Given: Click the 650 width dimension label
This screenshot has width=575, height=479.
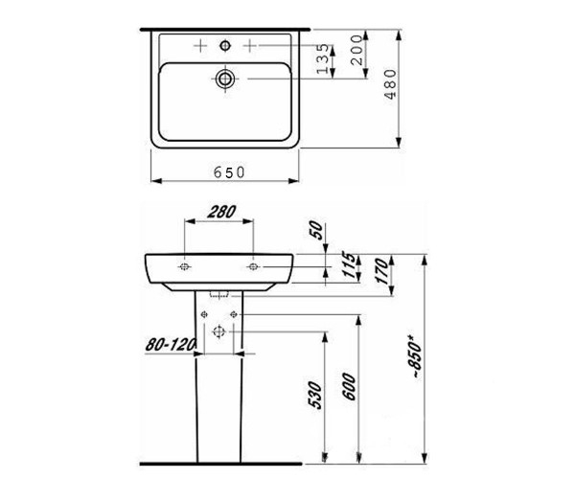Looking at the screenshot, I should (230, 171).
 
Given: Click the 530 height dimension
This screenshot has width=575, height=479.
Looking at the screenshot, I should (316, 395).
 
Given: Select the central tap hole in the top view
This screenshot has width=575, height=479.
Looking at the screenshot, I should (227, 45).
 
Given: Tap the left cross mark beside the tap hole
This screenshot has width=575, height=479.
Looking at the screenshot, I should (200, 45).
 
